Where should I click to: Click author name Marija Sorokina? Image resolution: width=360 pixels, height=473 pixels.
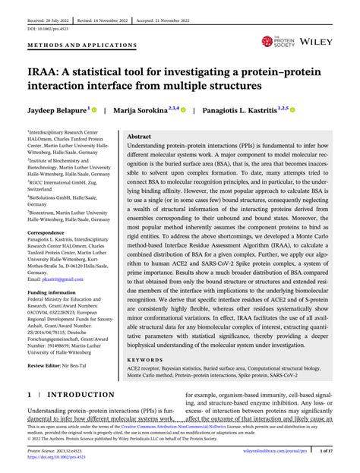(x=141, y=109)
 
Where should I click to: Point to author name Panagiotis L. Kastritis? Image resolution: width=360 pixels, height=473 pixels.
(x=244, y=109)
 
